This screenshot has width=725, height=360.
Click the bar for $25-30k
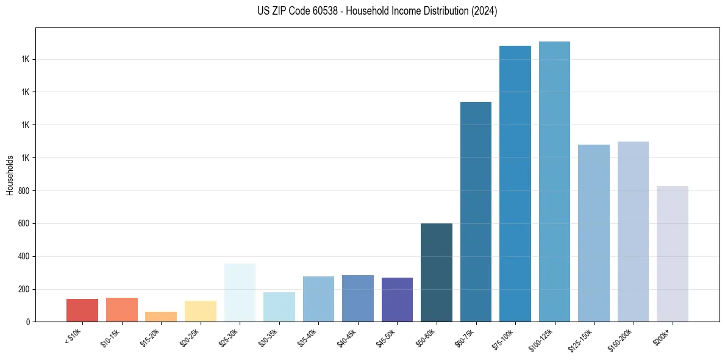click(x=240, y=293)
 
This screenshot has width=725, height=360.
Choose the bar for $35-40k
click(x=318, y=299)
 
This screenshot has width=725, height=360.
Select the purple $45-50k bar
click(x=397, y=300)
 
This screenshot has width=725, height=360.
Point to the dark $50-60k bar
click(x=437, y=273)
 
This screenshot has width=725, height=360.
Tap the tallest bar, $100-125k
click(x=554, y=182)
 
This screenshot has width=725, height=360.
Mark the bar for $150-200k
click(x=633, y=232)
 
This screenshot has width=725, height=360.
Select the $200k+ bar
click(x=673, y=254)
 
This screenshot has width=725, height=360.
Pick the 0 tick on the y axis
click(x=28, y=322)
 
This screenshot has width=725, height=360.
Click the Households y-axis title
click(x=10, y=175)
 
